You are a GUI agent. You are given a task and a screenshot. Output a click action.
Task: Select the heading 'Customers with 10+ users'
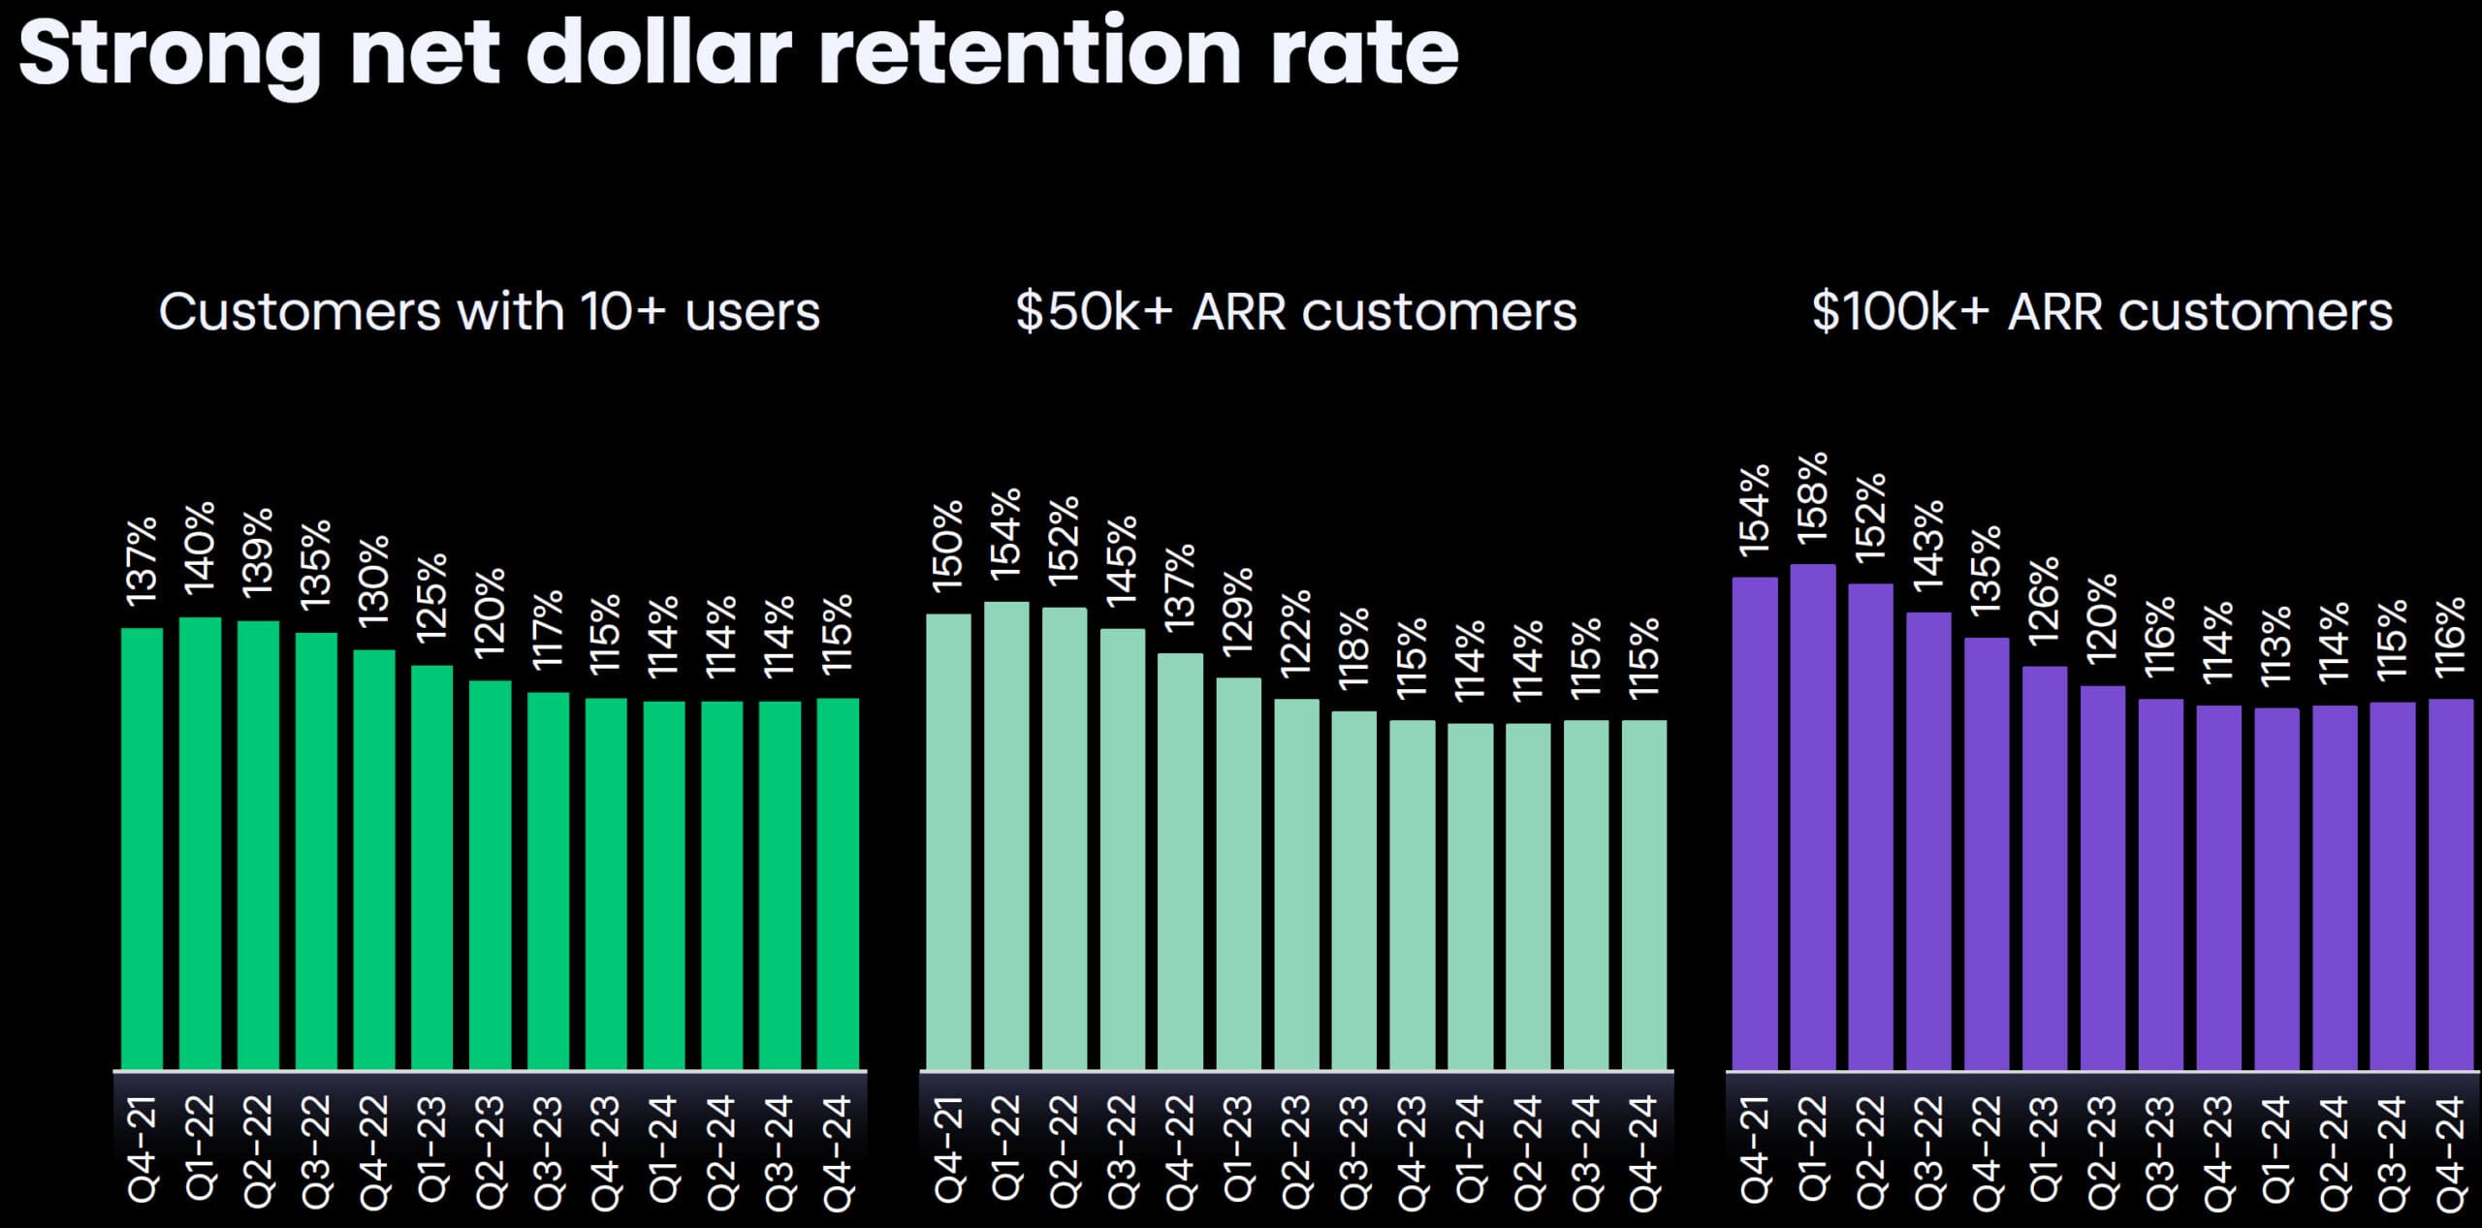point(489,312)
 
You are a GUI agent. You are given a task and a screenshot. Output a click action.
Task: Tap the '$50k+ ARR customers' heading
point(1295,312)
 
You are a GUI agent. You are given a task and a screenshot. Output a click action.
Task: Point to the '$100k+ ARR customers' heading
point(2101,312)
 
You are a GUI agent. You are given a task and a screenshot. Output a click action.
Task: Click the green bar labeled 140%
point(200,843)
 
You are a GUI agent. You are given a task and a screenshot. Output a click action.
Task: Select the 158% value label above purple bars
point(1812,495)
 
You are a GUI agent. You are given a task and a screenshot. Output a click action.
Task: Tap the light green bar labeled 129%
point(1238,872)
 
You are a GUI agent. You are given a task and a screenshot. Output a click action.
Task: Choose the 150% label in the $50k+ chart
point(947,546)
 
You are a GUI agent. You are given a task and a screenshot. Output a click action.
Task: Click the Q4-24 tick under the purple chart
point(2450,1153)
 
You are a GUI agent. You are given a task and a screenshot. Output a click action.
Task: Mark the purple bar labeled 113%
point(2276,888)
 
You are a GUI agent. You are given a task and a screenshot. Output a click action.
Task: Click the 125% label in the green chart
point(431,597)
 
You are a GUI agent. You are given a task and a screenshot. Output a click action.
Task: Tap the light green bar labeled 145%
point(1122,849)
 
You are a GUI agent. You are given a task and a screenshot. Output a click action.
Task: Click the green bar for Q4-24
point(838,883)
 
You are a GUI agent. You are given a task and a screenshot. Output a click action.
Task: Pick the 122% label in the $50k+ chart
point(1296,632)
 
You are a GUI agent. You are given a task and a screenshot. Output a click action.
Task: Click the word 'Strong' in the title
point(170,54)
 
